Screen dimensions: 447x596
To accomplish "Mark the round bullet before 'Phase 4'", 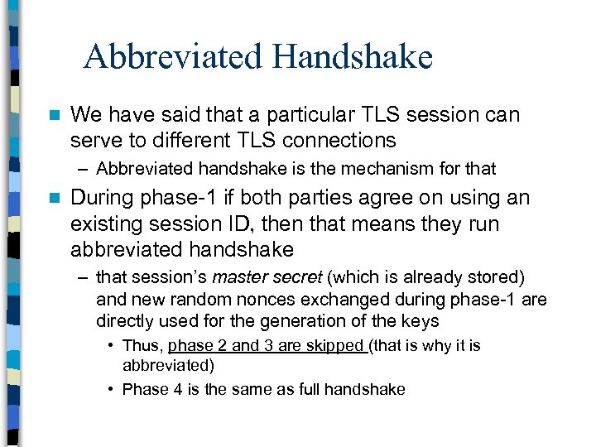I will [x=111, y=389].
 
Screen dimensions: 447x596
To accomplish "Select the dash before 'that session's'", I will [x=84, y=276].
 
